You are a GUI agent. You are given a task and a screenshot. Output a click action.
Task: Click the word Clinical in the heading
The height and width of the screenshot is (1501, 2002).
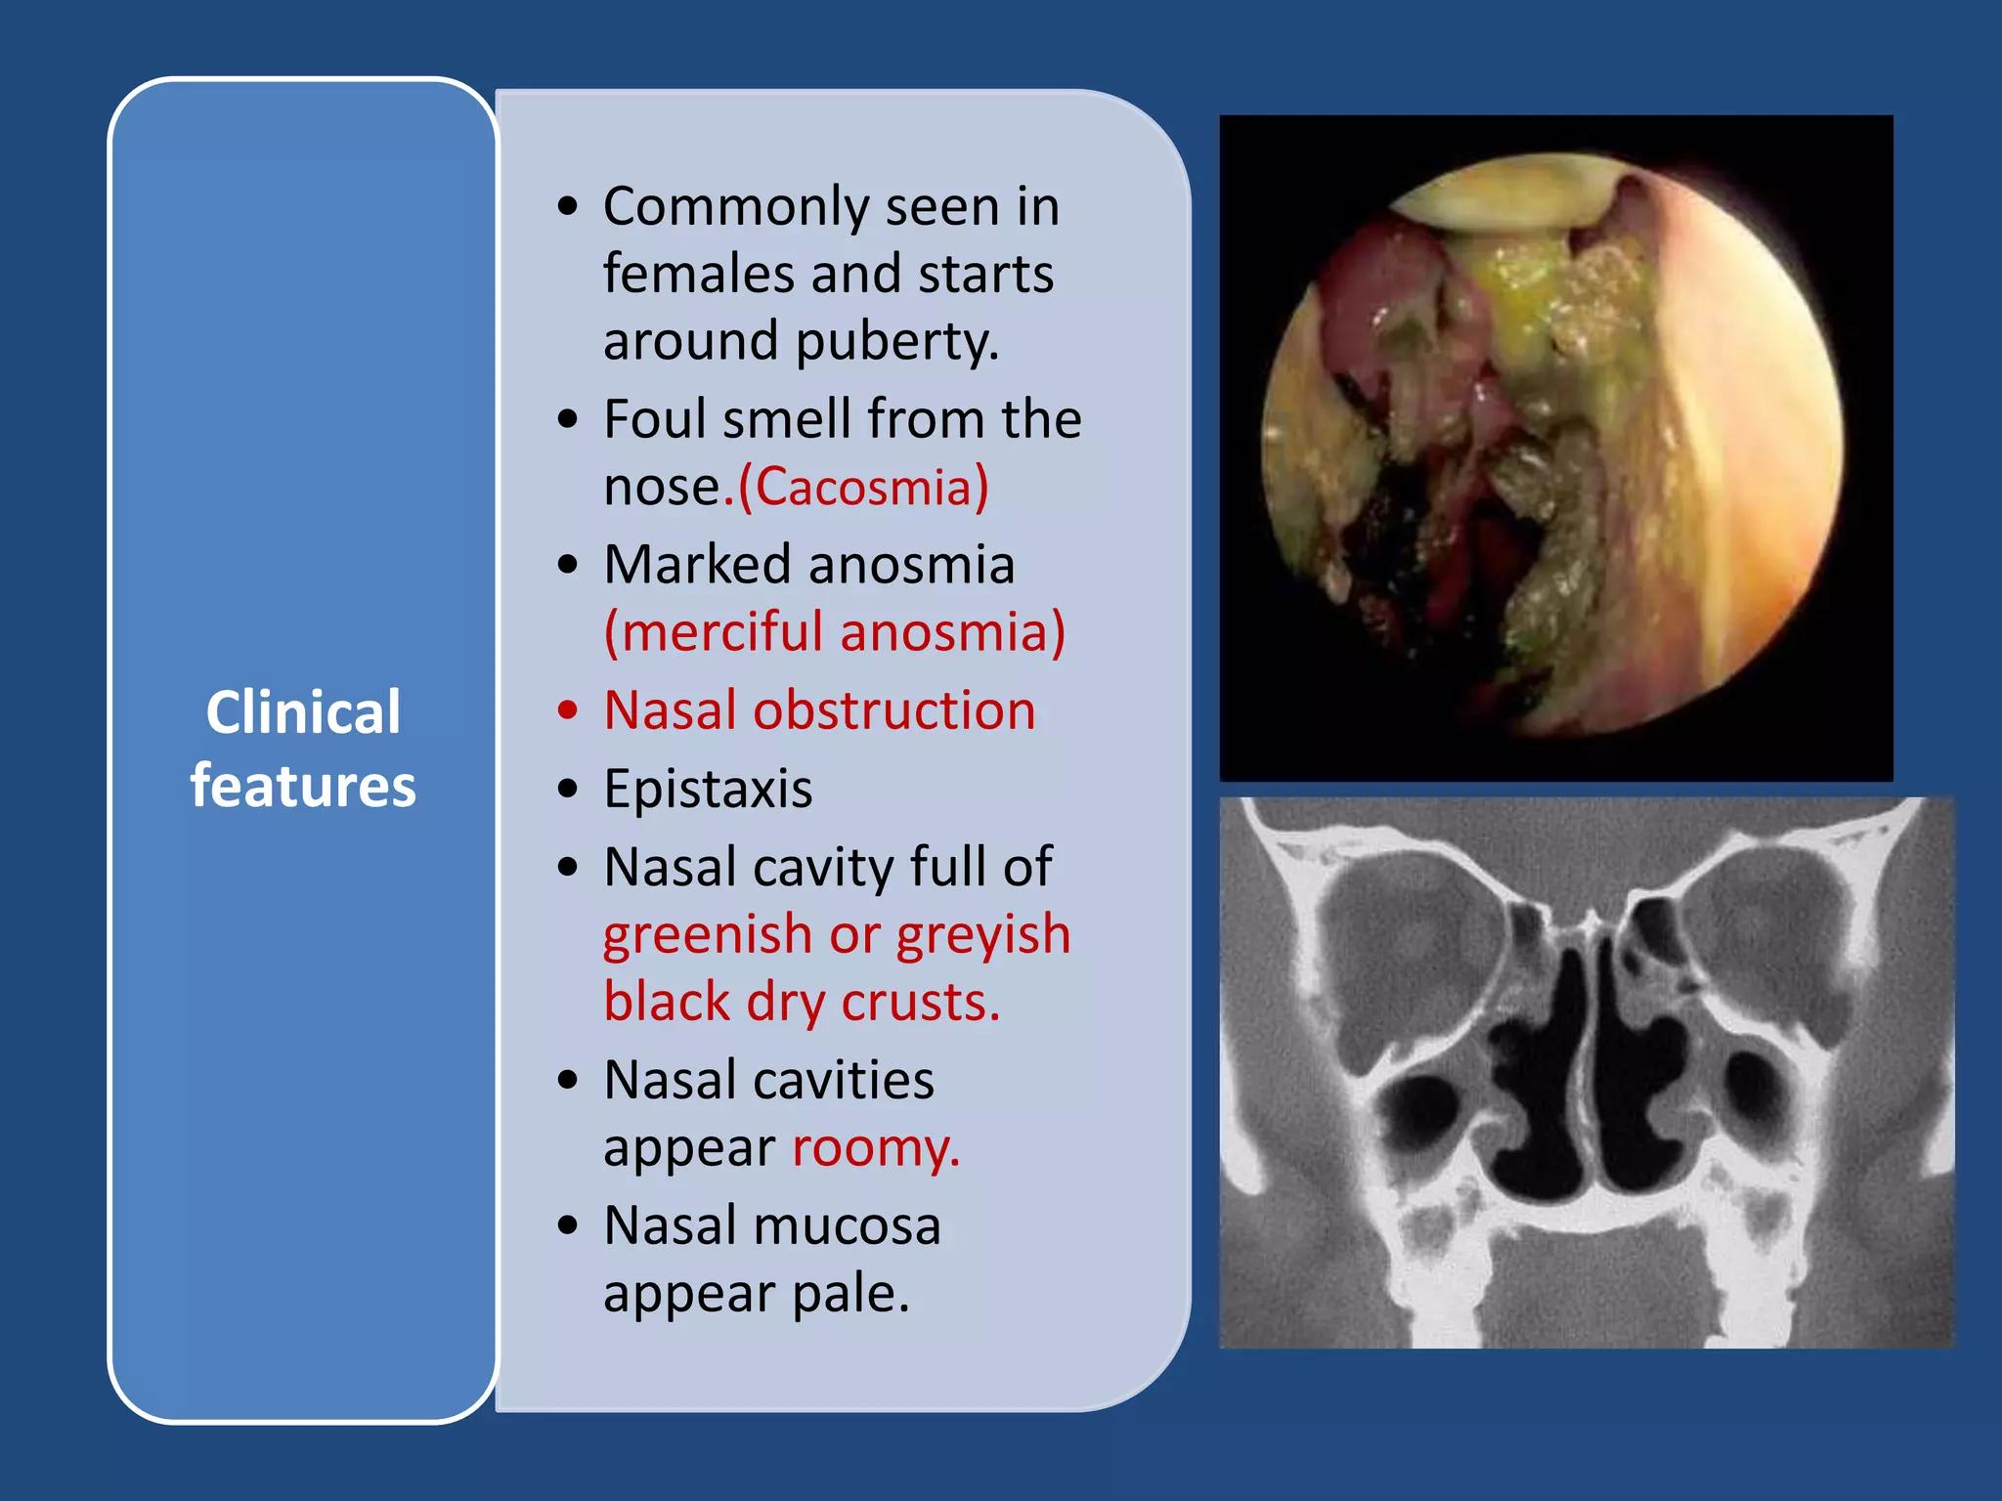coord(303,711)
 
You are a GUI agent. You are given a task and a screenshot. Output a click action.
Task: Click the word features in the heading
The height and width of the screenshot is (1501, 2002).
coord(303,786)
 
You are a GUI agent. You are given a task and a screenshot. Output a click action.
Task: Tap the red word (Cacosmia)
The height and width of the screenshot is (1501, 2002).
coord(863,487)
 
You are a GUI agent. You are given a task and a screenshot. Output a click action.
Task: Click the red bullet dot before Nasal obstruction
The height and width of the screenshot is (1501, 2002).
coord(568,710)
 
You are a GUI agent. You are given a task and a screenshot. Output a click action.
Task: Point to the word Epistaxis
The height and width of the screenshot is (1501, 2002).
coord(708,789)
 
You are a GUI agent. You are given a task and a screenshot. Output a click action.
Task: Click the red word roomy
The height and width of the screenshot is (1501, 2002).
coord(875,1147)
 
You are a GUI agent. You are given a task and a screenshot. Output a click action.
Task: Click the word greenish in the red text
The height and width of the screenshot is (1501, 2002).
coord(707,934)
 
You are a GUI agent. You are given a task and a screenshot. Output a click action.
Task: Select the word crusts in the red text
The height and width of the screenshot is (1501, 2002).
coord(919,1003)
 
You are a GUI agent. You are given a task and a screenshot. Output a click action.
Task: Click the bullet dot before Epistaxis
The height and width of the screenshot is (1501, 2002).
coord(568,789)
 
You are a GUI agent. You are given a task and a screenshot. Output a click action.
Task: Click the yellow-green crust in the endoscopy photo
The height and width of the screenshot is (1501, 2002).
coord(1525,293)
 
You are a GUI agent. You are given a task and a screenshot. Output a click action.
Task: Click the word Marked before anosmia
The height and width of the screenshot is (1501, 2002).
coord(696,565)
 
